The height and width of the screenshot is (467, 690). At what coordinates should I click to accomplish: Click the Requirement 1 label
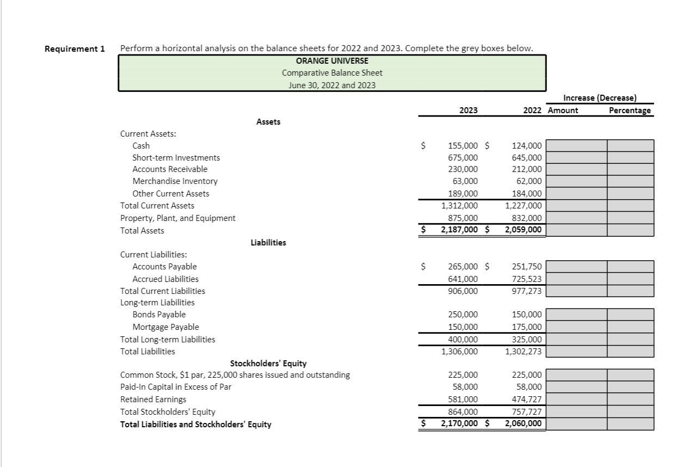(x=75, y=48)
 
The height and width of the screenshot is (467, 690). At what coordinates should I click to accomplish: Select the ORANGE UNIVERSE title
(x=332, y=60)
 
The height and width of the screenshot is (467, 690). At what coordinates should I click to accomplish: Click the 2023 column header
(x=468, y=110)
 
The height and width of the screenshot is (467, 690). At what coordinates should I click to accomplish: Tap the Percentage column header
(x=630, y=110)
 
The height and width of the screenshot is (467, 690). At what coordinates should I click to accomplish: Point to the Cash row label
(x=141, y=145)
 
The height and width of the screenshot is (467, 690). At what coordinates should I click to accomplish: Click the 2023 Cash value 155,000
(x=463, y=145)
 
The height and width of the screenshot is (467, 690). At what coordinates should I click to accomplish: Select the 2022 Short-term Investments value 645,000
(x=527, y=157)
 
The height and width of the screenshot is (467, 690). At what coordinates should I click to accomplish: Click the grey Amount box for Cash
(x=576, y=145)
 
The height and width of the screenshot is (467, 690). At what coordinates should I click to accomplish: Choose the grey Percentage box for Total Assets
(x=630, y=230)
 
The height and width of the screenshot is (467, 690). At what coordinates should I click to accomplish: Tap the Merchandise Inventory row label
(x=175, y=181)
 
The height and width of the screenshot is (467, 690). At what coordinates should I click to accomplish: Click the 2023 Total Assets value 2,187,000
(x=459, y=230)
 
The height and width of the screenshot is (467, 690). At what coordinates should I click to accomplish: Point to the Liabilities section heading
(x=268, y=242)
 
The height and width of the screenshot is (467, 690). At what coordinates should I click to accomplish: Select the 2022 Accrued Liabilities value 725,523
(x=527, y=279)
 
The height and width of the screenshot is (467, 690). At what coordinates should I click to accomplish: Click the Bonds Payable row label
(x=159, y=315)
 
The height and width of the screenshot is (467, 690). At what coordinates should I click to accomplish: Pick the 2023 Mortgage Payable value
(x=463, y=327)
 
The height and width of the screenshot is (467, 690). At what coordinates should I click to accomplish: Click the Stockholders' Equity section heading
(x=268, y=363)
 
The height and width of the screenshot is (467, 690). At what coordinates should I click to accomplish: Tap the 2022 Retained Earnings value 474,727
(x=527, y=400)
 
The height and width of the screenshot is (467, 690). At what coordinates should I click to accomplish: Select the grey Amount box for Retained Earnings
(x=576, y=400)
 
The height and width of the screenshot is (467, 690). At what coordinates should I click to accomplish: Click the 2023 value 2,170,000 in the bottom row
(x=459, y=423)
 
